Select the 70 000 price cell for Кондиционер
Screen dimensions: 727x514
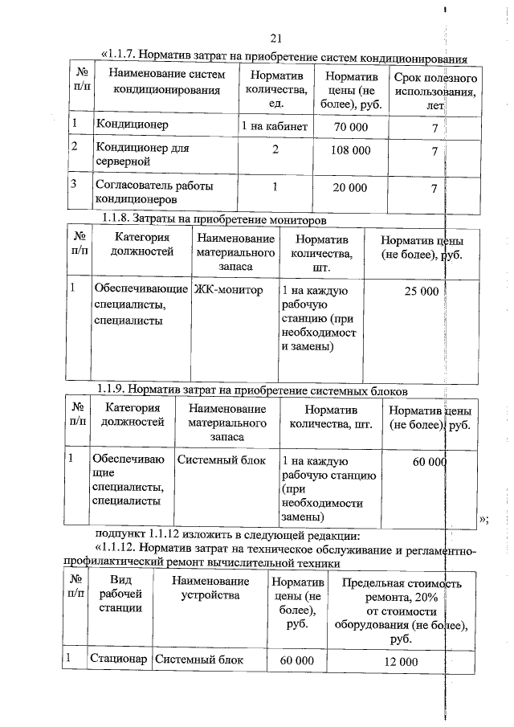point(350,128)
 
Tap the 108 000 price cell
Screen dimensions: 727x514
point(350,150)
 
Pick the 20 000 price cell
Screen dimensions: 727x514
point(350,188)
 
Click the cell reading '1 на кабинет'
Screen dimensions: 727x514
point(274,127)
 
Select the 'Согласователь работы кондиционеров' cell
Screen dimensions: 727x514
point(154,193)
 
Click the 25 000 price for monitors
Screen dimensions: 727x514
point(421,291)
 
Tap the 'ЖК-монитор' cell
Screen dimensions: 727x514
point(229,290)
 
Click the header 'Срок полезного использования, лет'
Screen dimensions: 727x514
point(436,92)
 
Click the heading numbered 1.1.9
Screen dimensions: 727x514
point(252,390)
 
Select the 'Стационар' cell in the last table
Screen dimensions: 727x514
point(118,660)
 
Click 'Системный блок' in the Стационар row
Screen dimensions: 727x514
point(198,660)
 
